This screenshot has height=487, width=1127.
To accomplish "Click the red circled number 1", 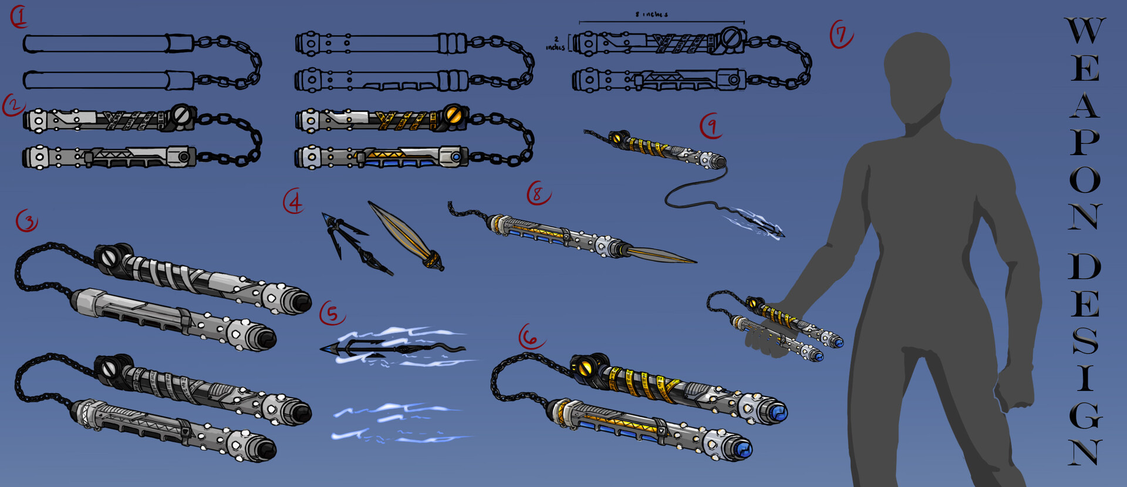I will [19, 17].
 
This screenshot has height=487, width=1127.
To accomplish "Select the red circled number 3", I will [26, 221].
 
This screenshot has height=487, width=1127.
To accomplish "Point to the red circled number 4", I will [293, 201].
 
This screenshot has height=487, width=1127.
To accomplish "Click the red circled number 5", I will [332, 313].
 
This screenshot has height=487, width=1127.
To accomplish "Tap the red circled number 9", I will [711, 126].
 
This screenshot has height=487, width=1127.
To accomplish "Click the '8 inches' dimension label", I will [652, 14].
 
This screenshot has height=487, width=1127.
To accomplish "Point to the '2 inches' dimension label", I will [555, 43].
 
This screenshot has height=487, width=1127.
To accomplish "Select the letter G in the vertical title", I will [1085, 415].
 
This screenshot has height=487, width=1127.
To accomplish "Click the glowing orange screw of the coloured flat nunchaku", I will [453, 114].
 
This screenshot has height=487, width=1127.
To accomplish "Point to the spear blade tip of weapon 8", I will [693, 261].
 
